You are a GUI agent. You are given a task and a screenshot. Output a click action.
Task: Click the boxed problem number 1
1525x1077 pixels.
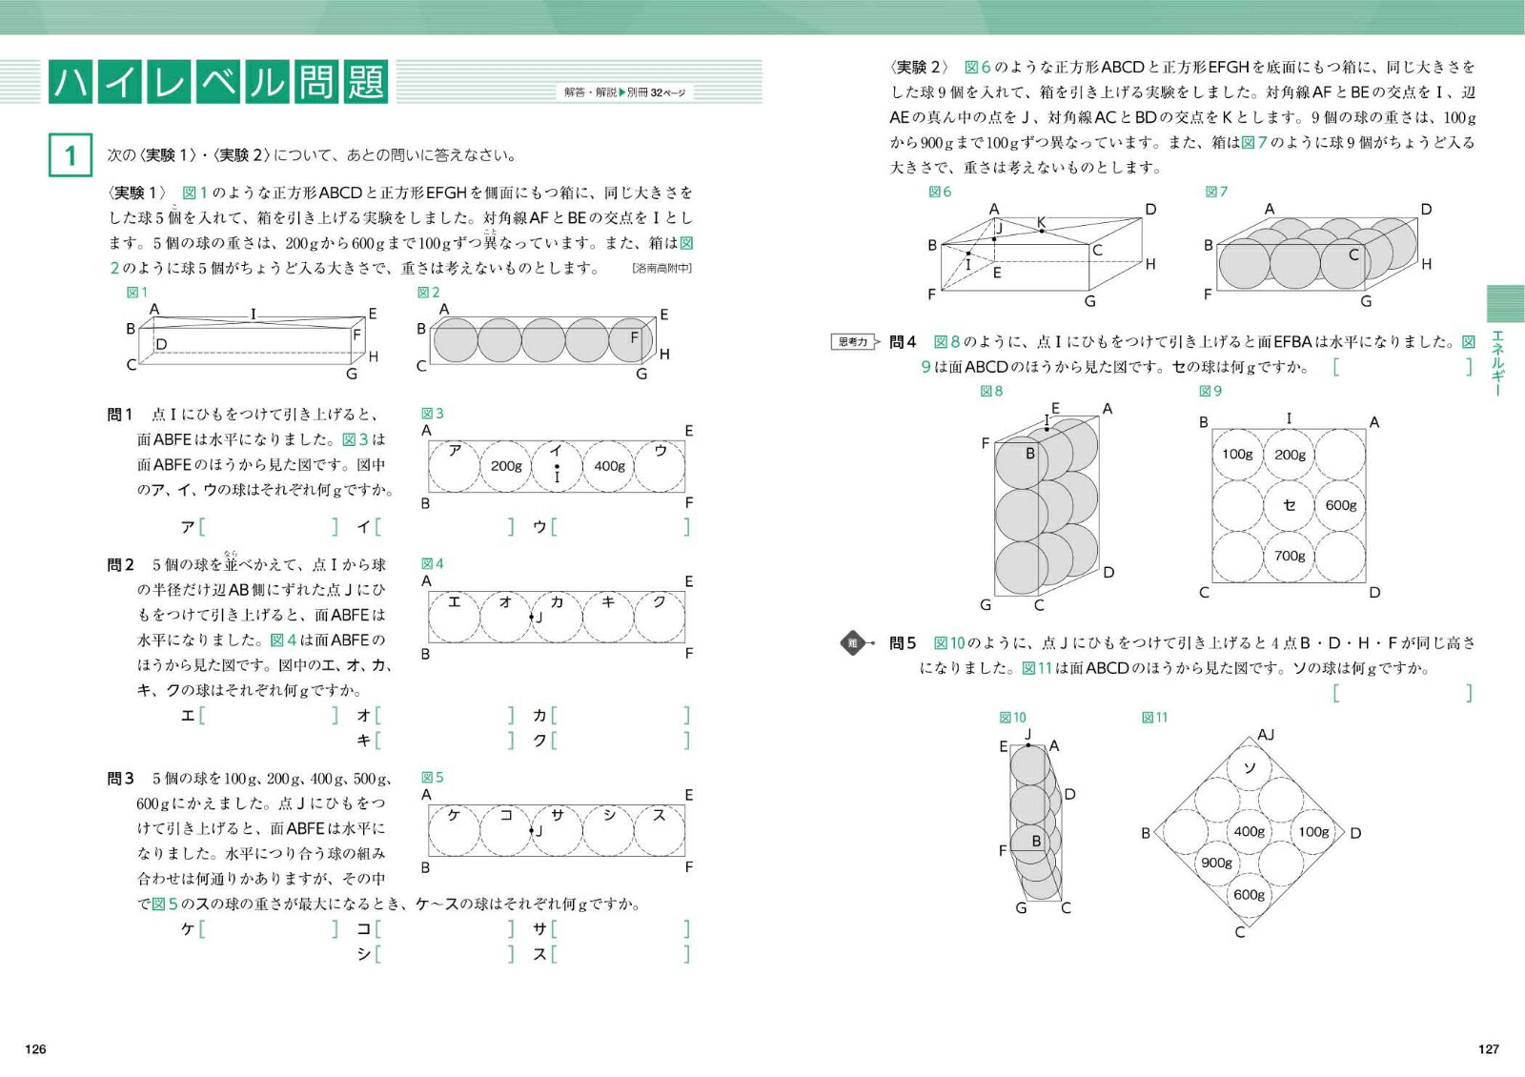(x=70, y=155)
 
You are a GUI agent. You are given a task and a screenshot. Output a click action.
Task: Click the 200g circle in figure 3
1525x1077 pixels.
(x=506, y=466)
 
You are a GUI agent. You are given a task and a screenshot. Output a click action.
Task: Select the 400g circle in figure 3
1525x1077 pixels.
(x=609, y=466)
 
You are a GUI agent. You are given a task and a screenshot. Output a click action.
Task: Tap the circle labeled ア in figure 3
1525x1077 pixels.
(x=455, y=466)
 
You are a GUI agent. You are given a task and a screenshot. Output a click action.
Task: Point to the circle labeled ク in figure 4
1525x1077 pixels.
(x=660, y=617)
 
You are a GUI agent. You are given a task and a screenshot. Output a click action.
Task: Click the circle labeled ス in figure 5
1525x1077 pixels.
(x=660, y=830)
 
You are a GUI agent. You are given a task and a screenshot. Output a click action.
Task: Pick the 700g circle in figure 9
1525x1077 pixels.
(x=1290, y=556)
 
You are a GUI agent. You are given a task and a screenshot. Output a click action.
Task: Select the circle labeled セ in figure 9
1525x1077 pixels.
(x=1290, y=505)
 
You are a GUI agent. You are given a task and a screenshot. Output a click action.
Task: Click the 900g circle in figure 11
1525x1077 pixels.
(x=1216, y=863)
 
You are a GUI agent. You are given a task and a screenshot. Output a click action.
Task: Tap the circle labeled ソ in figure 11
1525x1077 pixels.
(x=1249, y=768)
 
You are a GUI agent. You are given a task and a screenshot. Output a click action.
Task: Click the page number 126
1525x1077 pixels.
(x=35, y=1048)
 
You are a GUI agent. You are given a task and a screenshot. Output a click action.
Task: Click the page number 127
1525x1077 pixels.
(x=1489, y=1048)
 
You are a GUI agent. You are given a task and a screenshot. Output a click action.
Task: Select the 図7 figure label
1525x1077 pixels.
(x=1216, y=192)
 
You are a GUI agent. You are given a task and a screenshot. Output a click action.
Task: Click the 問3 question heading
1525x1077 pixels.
(x=120, y=779)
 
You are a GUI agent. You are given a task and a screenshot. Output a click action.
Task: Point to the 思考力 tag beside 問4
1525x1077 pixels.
(x=853, y=341)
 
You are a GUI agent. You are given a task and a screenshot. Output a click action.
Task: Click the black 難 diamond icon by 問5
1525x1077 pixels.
(x=853, y=643)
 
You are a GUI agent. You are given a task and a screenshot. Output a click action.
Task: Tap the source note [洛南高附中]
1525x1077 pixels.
(x=661, y=269)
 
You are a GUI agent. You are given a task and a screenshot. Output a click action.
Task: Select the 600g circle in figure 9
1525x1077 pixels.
(x=1340, y=505)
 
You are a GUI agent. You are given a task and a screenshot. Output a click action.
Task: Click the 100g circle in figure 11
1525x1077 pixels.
(x=1313, y=831)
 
